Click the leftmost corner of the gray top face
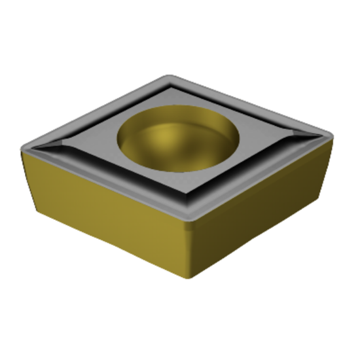(x=25, y=149)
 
